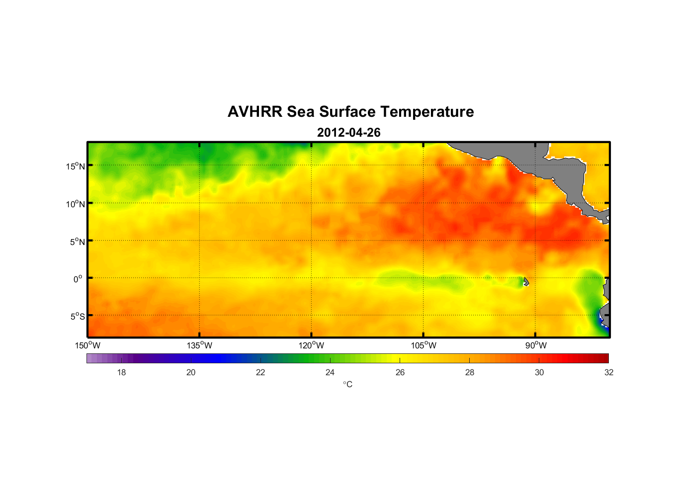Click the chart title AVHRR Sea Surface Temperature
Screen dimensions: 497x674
[x=350, y=112]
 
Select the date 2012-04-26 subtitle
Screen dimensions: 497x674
[x=348, y=133]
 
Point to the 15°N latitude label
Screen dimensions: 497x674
[x=76, y=166]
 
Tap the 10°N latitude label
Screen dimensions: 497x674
[x=76, y=204]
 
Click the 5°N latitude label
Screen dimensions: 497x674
[x=77, y=242]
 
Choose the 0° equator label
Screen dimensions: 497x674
[x=78, y=279]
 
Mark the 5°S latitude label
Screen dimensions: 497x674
[x=77, y=317]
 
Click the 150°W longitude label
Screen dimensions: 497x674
[x=88, y=345]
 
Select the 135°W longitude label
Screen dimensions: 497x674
[x=200, y=345]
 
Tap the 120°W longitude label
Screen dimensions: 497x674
[x=312, y=345]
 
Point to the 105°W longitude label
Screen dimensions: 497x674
[x=423, y=345]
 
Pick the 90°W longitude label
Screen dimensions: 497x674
[x=536, y=345]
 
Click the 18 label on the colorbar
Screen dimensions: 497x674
[x=121, y=372]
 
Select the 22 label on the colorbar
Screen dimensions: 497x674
[x=260, y=372]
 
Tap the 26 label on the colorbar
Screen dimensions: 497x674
[x=400, y=372]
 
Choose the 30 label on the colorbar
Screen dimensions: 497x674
[x=539, y=372]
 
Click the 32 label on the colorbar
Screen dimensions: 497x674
[x=609, y=372]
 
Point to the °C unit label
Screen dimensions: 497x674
[x=347, y=384]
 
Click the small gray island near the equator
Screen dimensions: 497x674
[x=526, y=282]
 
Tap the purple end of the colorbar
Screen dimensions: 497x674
[x=92, y=358]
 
